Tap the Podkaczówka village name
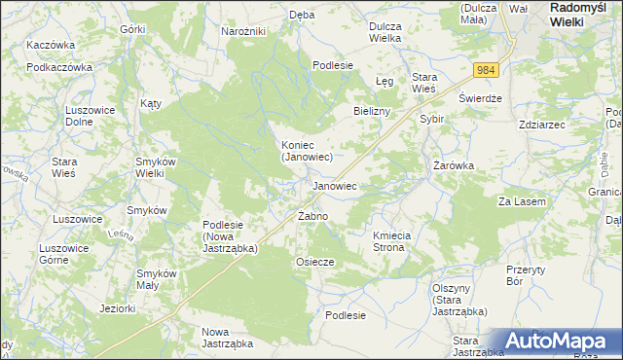59,67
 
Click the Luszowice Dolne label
90,117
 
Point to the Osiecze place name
314,262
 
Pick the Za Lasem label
523,201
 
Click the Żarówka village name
454,165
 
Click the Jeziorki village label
117,309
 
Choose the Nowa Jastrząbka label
227,338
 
